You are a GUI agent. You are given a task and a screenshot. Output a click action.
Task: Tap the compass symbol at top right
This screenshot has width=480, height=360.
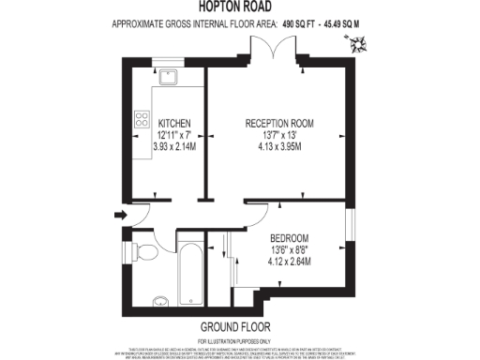(x=357, y=42)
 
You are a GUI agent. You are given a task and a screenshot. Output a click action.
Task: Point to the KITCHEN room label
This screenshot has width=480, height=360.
(x=175, y=124)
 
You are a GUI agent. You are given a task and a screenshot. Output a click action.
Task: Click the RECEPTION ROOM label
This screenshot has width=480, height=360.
(x=279, y=124)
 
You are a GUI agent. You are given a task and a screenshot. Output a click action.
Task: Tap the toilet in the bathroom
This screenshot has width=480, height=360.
(x=144, y=251)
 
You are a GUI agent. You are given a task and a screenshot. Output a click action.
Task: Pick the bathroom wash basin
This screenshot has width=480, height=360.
(x=160, y=300)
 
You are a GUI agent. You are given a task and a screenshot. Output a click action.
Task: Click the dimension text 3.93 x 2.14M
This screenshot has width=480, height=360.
(x=175, y=146)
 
